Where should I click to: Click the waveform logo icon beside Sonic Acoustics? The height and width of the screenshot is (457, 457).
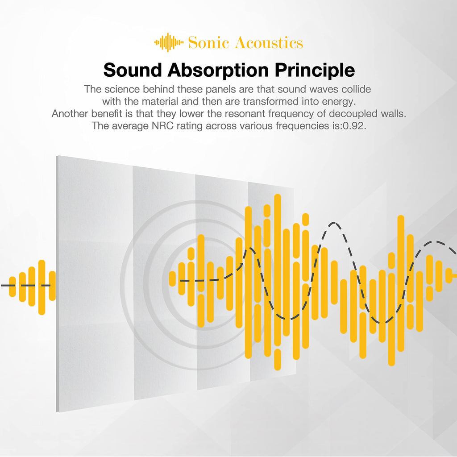(x=169, y=42)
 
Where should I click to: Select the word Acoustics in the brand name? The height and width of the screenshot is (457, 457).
(x=269, y=42)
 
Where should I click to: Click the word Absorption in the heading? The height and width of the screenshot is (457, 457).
(x=218, y=70)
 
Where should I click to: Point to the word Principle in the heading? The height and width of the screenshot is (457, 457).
(x=315, y=70)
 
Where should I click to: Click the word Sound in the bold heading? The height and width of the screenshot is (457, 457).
(x=133, y=70)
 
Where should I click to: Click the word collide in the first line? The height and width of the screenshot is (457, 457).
(x=356, y=89)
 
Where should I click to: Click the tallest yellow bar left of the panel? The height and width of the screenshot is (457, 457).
(x=42, y=287)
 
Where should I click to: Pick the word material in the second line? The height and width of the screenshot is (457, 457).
(x=160, y=101)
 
